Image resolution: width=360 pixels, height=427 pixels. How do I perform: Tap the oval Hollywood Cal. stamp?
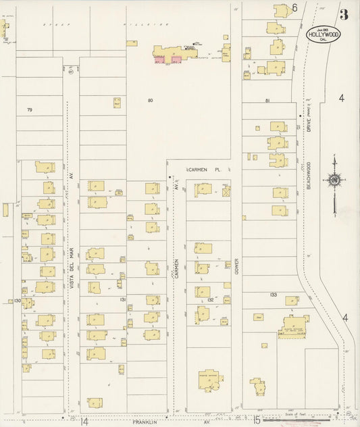click(x=322, y=34)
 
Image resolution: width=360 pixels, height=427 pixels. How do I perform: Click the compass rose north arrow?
click(x=334, y=180)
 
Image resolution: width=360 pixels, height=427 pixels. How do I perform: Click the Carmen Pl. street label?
click(x=204, y=170)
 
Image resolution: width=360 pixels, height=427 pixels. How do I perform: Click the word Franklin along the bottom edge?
click(x=144, y=422)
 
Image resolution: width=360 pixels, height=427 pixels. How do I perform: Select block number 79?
click(x=29, y=109)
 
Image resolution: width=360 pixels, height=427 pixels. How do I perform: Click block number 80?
click(x=150, y=101)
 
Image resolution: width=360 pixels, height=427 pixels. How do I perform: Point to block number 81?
click(x=267, y=101)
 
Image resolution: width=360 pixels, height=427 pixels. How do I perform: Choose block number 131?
click(x=123, y=299)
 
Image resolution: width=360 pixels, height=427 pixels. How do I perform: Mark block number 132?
click(x=210, y=299)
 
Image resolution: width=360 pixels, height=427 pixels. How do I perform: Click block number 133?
click(x=273, y=295)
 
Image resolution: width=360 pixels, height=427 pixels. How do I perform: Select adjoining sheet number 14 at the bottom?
click(x=84, y=422)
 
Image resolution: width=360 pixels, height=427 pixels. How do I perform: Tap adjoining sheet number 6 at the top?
click(x=294, y=8)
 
